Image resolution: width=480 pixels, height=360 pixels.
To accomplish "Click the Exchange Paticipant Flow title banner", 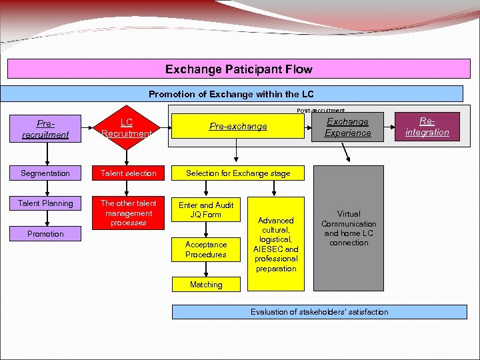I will (x=238, y=69).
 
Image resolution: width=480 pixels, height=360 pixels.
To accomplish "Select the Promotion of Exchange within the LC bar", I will (x=231, y=94).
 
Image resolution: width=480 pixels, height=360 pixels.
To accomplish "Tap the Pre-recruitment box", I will (x=45, y=129).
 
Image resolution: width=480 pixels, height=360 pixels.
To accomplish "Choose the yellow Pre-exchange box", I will (x=238, y=126).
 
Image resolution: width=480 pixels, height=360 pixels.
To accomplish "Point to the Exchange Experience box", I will (x=347, y=127).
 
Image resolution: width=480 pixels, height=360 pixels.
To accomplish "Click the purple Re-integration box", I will (x=427, y=127).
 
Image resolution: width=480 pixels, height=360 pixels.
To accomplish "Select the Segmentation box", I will (x=45, y=173).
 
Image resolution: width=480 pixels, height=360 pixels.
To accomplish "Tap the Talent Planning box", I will (x=45, y=203).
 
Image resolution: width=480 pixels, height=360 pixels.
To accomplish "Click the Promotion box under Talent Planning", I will (x=45, y=234).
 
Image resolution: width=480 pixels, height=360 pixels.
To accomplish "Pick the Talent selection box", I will (x=128, y=173).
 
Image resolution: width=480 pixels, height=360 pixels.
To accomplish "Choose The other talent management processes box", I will (x=128, y=213).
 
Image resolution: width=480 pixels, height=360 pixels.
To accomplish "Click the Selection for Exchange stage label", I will (x=238, y=173).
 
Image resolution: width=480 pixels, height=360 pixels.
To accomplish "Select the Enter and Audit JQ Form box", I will (x=206, y=210).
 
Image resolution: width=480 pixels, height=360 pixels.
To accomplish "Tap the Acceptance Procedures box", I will (x=206, y=249).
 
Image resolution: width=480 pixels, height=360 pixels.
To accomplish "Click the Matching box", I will (x=206, y=285).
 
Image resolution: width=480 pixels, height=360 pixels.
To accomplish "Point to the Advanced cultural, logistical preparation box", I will (x=276, y=244).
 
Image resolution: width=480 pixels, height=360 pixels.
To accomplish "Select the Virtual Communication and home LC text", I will (x=349, y=229).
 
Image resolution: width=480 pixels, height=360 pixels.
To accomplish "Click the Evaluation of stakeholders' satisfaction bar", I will (x=319, y=312).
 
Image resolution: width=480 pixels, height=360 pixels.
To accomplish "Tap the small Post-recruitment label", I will (x=321, y=110).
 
